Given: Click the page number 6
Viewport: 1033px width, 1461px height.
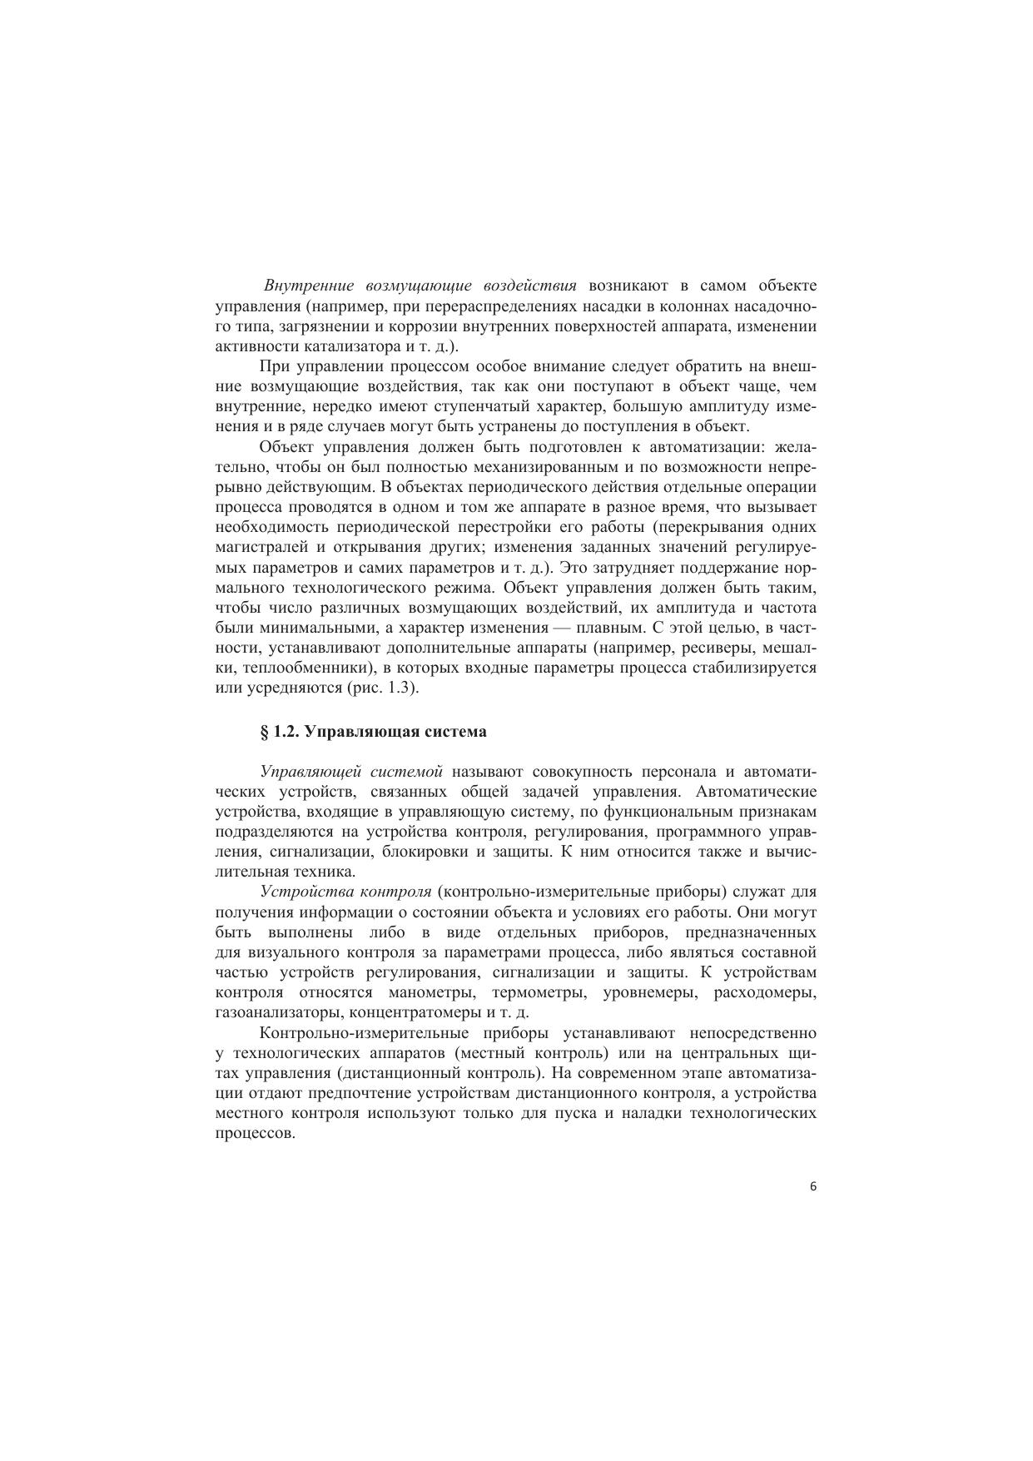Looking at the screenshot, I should (x=812, y=1188).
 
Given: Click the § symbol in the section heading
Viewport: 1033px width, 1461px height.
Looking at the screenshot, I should (x=265, y=732).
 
